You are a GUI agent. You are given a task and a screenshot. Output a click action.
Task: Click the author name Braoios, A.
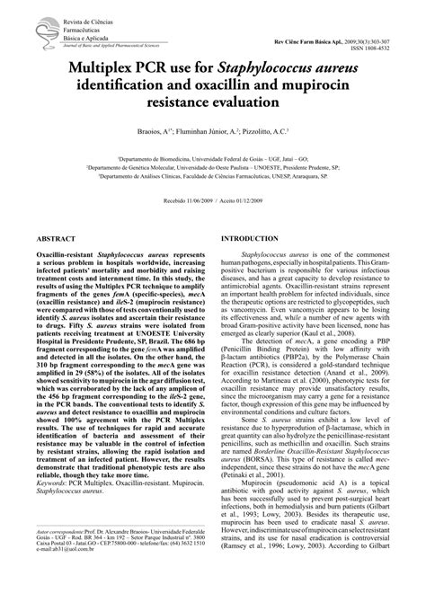[143, 132]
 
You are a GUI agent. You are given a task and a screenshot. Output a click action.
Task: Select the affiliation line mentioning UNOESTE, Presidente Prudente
[213, 166]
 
